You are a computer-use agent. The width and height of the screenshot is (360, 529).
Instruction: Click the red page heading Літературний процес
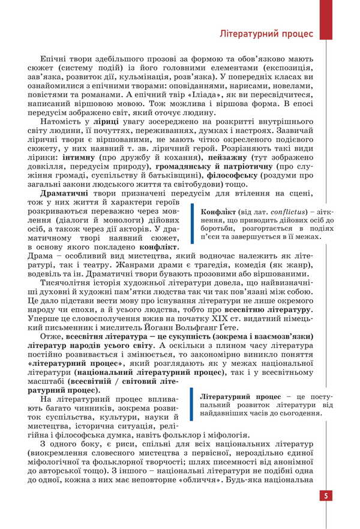point(266,34)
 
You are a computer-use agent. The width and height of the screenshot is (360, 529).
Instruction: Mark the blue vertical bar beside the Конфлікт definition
point(192,223)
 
